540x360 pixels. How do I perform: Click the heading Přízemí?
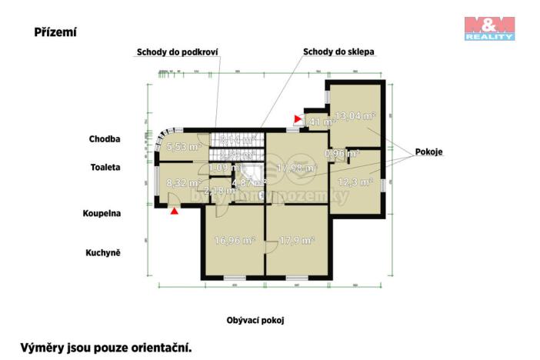pyautogui.click(x=55, y=32)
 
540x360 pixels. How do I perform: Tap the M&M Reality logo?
pyautogui.click(x=488, y=28)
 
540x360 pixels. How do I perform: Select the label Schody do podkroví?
pyautogui.click(x=178, y=52)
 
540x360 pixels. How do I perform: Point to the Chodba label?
pyautogui.click(x=105, y=139)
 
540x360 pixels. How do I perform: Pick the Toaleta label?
pyautogui.click(x=105, y=166)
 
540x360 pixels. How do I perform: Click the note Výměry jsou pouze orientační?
pyautogui.click(x=105, y=347)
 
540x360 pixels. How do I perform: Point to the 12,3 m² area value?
pyautogui.click(x=355, y=182)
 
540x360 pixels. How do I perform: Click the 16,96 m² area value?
pyautogui.click(x=235, y=240)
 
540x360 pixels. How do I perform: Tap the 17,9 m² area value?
pyautogui.click(x=295, y=240)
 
